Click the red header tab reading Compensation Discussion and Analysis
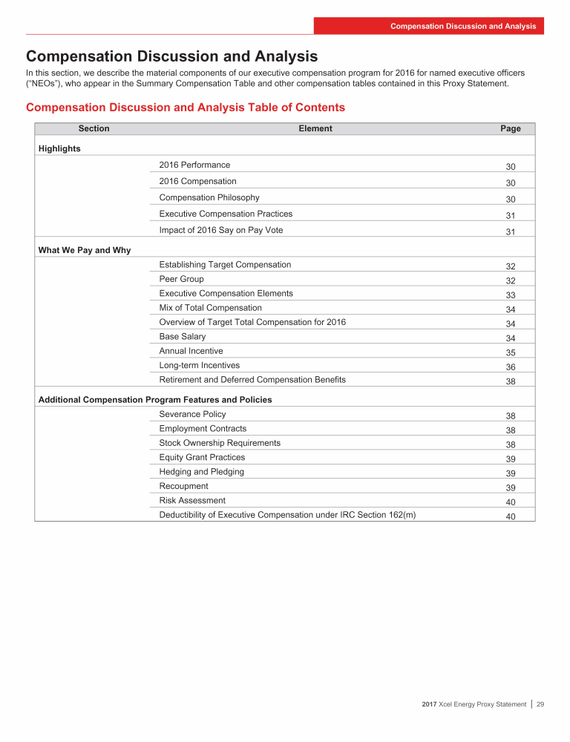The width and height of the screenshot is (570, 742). [x=463, y=26]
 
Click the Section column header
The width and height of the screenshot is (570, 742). [x=94, y=128]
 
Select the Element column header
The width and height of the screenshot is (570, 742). [x=315, y=128]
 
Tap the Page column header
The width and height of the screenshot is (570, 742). [x=511, y=128]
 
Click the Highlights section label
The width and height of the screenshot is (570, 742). [x=59, y=148]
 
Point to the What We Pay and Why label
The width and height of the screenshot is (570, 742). [x=84, y=250]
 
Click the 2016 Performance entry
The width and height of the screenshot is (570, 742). [x=194, y=165]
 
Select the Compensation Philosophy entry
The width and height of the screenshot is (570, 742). [x=209, y=197]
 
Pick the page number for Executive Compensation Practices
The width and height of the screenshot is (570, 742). [x=511, y=216]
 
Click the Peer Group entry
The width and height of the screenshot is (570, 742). [x=181, y=279]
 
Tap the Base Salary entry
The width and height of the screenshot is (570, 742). [x=183, y=336]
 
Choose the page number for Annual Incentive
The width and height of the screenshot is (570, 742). [x=511, y=352]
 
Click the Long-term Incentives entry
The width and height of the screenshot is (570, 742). [x=200, y=365]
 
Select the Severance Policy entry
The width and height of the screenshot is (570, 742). [x=192, y=414]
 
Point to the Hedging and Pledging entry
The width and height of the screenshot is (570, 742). [x=201, y=471]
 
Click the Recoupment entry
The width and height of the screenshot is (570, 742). [x=183, y=486]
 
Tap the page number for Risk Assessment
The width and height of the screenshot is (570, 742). [x=511, y=502]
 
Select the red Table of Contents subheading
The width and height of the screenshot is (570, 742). [x=186, y=108]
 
